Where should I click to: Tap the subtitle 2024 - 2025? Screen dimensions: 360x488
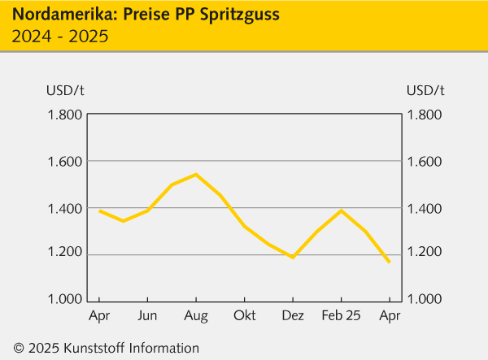pos(60,36)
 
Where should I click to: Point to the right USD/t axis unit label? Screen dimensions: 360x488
pos(425,89)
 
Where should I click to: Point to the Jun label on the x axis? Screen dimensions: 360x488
pos(147,315)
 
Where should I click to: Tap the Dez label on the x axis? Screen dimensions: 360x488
pos(292,315)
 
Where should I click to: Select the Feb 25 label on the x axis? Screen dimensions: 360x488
pos(341,315)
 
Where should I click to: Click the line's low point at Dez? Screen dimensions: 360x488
pos(293,257)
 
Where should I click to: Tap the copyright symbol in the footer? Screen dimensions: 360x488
pos(18,348)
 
